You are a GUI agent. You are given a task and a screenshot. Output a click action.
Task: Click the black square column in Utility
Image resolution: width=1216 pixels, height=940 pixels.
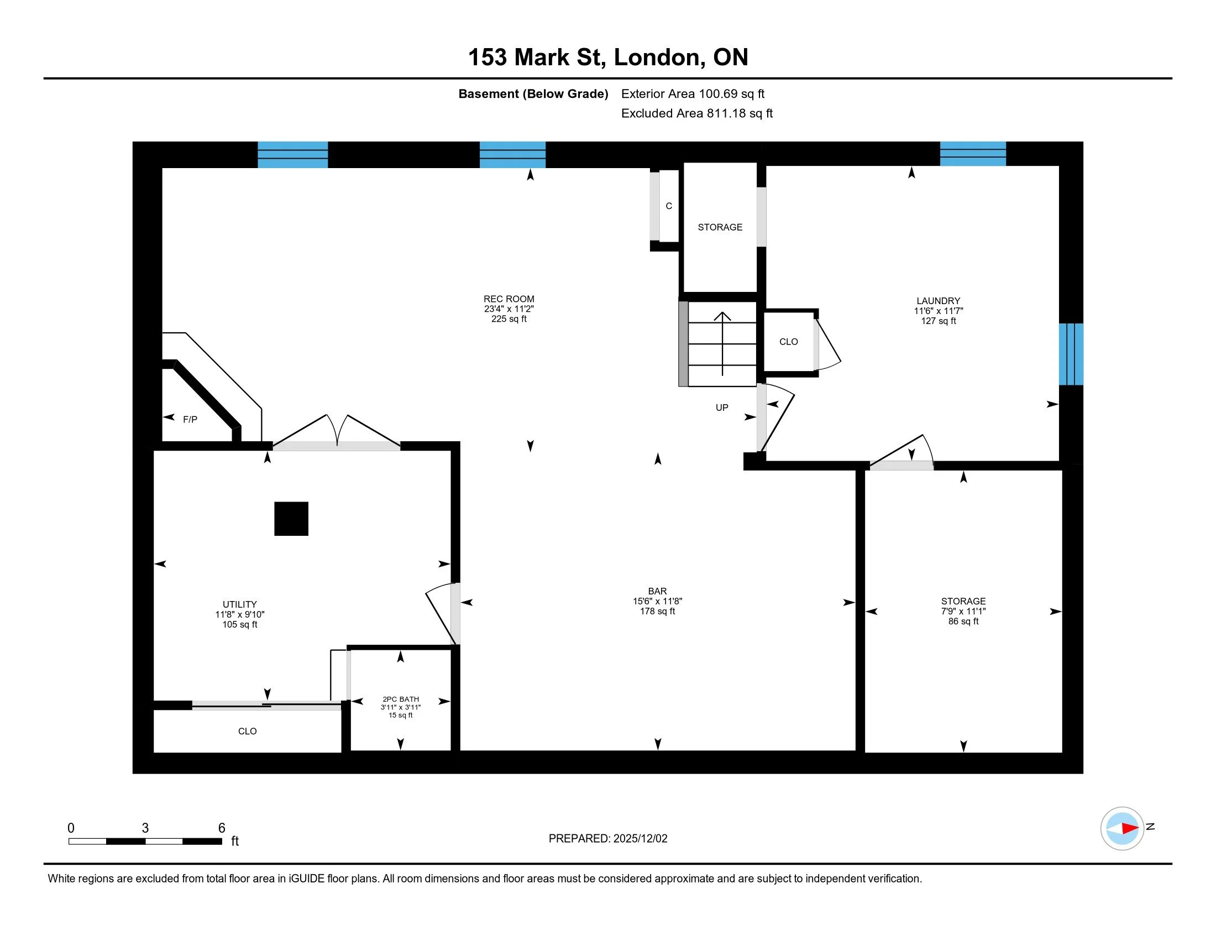291,519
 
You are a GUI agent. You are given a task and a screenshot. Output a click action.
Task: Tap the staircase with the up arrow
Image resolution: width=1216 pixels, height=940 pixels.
722,344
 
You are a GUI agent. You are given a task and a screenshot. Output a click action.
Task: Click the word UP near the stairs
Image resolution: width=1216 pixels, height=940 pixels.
721,408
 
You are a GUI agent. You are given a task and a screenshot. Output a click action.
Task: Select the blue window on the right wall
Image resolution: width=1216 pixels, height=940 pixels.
1071,354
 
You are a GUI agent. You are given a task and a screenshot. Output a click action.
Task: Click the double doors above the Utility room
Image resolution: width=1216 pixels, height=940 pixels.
337,433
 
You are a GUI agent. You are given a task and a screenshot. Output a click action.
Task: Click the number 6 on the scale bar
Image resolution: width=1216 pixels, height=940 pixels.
222,828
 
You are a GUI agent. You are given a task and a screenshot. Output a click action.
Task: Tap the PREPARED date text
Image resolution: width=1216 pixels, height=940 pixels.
608,839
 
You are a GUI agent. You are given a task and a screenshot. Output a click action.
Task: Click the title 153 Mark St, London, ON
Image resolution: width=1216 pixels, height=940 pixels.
608,58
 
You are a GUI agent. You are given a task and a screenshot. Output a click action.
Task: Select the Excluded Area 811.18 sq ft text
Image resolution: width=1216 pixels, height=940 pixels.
697,113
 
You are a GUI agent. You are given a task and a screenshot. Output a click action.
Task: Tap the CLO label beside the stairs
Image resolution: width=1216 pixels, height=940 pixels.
788,342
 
